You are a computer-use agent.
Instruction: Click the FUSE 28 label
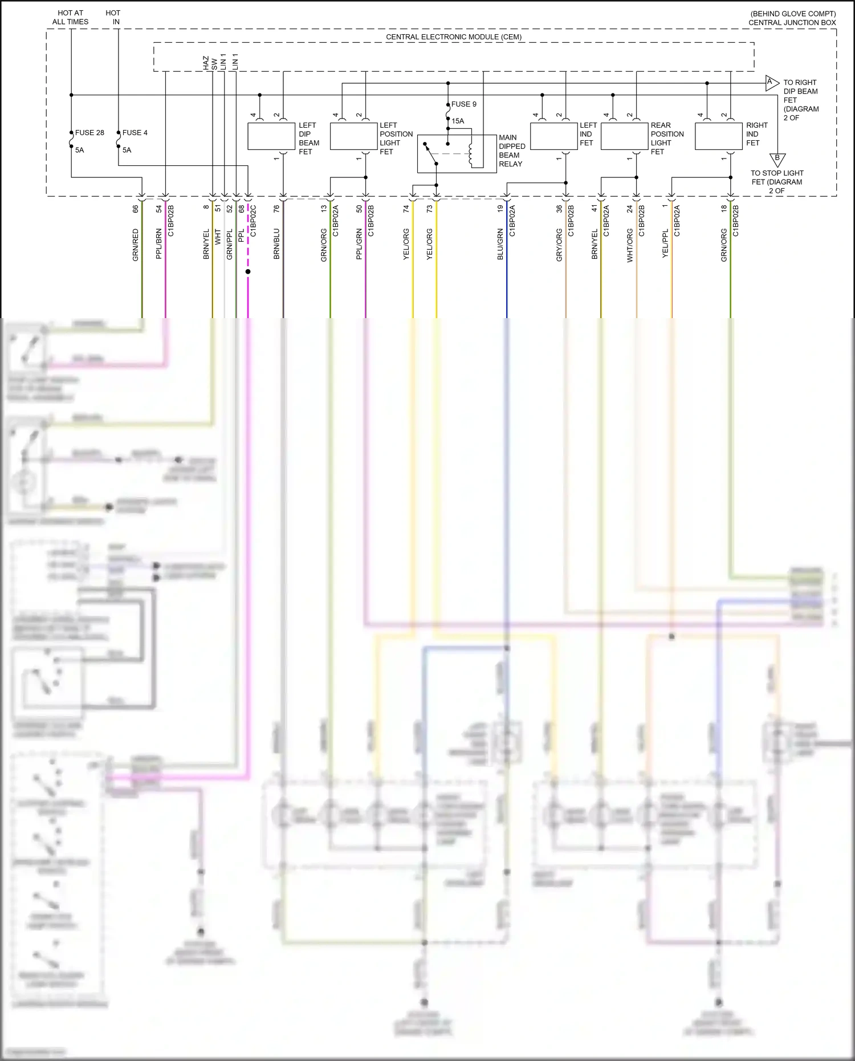(89, 133)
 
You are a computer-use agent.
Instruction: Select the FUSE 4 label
(135, 133)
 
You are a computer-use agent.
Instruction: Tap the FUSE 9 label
(463, 104)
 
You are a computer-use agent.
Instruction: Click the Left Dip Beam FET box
(271, 137)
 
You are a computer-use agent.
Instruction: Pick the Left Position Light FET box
(353, 137)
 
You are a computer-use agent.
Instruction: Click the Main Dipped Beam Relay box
(457, 153)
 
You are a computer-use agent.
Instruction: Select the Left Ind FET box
(553, 137)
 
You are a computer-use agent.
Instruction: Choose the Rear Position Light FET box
(624, 137)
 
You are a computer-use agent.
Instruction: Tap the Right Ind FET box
(718, 137)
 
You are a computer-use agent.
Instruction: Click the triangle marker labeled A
(771, 83)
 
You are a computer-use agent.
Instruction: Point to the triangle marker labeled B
(777, 159)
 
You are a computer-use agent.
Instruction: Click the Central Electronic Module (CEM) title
(454, 37)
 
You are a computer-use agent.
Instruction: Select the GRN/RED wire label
(136, 245)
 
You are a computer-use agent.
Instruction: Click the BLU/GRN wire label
(500, 245)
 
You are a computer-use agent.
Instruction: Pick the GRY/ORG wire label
(559, 245)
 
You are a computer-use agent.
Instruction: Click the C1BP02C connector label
(253, 221)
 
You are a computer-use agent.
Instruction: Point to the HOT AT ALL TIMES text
(70, 17)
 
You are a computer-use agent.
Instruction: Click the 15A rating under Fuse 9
(458, 121)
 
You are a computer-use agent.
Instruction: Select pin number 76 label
(276, 209)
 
